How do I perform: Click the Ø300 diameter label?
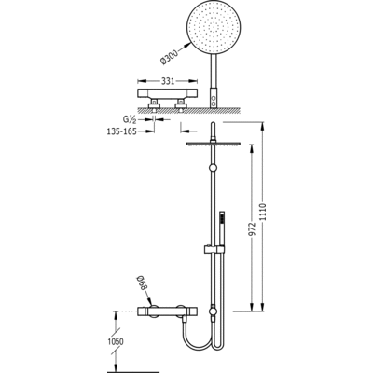170,57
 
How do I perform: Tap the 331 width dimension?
168,81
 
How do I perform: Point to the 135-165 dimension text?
121,131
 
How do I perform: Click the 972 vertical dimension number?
253,229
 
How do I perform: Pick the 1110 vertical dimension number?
264,213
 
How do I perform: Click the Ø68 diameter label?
142,284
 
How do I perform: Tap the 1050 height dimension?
116,341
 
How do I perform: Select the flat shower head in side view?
213,144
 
